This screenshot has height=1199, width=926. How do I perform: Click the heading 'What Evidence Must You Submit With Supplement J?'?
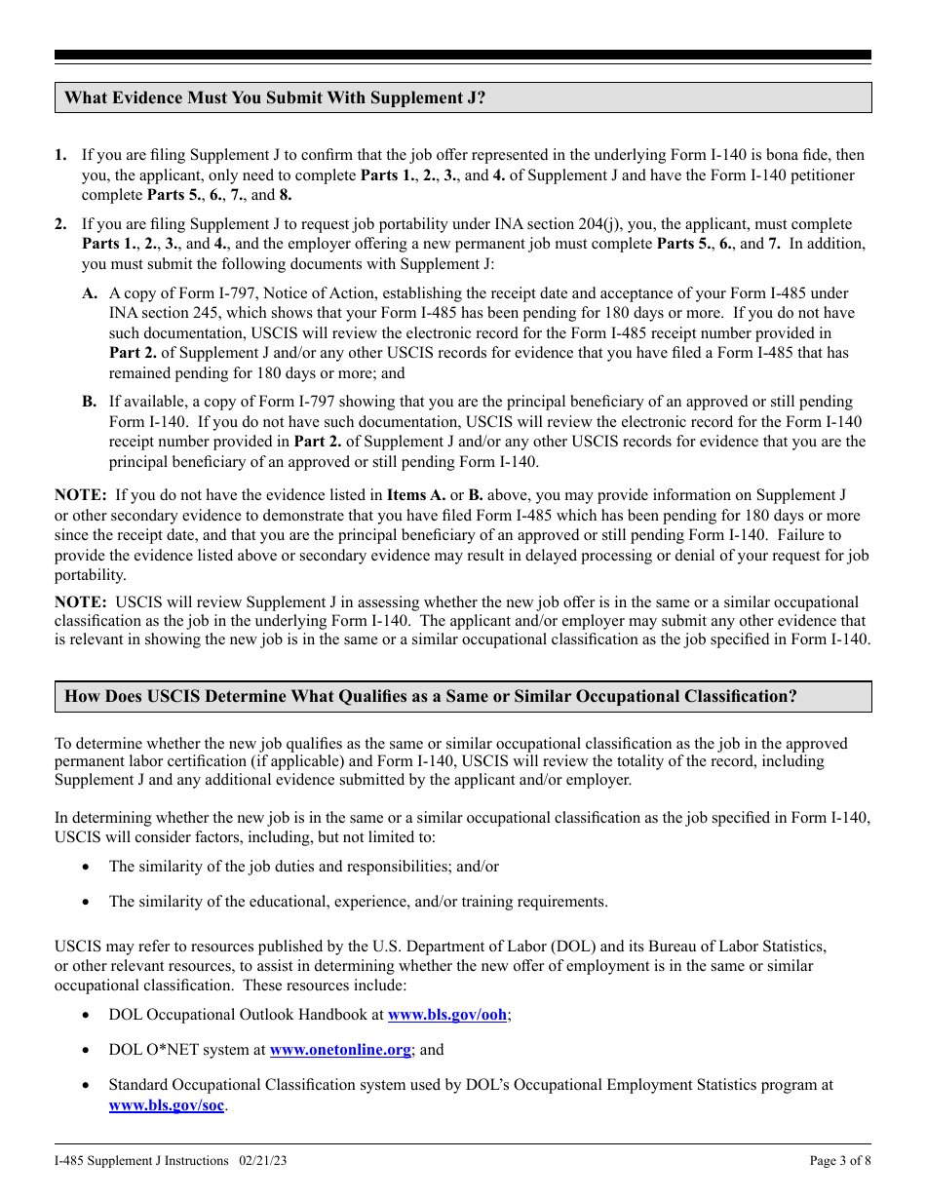click(x=274, y=97)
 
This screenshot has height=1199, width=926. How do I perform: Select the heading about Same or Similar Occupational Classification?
click(x=430, y=696)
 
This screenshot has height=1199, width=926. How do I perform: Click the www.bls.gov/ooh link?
click(x=447, y=1015)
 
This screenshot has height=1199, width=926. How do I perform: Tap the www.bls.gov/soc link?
click(x=167, y=1105)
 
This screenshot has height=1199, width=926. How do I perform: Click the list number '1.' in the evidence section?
click(x=61, y=155)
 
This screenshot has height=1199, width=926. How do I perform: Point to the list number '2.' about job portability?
click(x=61, y=224)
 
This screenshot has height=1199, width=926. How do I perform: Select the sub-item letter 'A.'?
click(x=90, y=293)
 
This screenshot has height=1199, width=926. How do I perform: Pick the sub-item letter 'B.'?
click(x=90, y=402)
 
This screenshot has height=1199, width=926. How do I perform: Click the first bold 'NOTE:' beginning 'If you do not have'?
click(x=80, y=495)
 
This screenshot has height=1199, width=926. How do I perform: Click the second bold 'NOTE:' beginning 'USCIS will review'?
click(x=80, y=602)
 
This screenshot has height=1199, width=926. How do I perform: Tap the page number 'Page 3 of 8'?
click(x=840, y=1161)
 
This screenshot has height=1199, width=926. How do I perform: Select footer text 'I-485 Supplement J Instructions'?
click(x=141, y=1161)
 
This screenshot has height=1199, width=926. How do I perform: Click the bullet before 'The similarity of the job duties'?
click(x=88, y=867)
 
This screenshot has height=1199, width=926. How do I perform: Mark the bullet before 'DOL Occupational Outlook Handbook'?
click(x=88, y=1015)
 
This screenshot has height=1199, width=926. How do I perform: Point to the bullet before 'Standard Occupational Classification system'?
click(x=88, y=1085)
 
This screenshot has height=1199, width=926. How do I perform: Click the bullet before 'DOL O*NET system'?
click(x=88, y=1050)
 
